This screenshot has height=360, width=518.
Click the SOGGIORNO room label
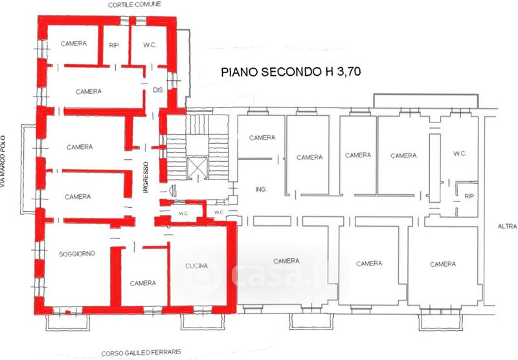pos(76,254)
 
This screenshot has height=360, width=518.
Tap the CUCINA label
pos(197,266)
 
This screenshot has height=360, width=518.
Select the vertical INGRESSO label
pos(146,177)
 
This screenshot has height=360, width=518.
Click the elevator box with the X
pos(197,168)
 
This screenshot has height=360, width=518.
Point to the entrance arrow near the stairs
pos(172,190)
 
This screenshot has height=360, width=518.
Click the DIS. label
pos(159,90)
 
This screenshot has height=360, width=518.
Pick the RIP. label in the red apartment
pos(115,45)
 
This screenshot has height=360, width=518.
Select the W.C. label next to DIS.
pos(150,45)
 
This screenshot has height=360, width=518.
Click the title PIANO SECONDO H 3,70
pos(291,72)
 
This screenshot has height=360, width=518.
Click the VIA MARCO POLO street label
pos(3,162)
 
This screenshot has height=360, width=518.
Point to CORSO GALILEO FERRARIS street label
pos(141,353)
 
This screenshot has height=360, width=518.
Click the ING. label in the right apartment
pos(261,189)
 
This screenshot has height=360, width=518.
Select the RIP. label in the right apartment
pos(469,196)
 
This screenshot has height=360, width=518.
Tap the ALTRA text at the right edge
pos(508,227)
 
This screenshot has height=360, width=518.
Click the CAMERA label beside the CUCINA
pos(142,284)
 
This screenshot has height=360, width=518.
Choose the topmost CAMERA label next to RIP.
pos(74,43)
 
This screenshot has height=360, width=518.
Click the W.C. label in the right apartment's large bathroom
pos(460,153)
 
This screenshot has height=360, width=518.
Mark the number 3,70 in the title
pos(349,71)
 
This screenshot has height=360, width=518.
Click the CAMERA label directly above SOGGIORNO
pos(78,197)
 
